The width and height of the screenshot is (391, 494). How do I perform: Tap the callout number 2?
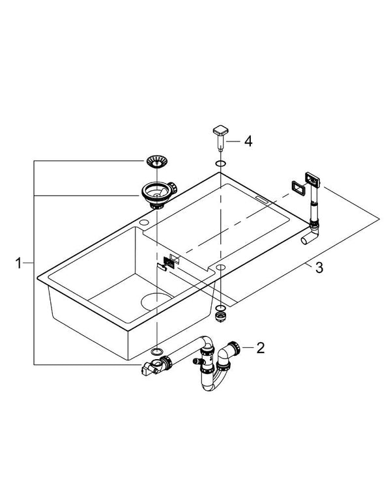click(261, 347)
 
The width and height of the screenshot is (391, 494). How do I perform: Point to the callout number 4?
click(248, 140)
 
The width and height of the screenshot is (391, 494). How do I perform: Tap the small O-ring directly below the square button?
click(220, 163)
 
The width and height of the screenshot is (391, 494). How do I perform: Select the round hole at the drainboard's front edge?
click(220, 269)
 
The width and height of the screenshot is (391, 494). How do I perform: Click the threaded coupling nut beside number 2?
click(239, 348)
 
